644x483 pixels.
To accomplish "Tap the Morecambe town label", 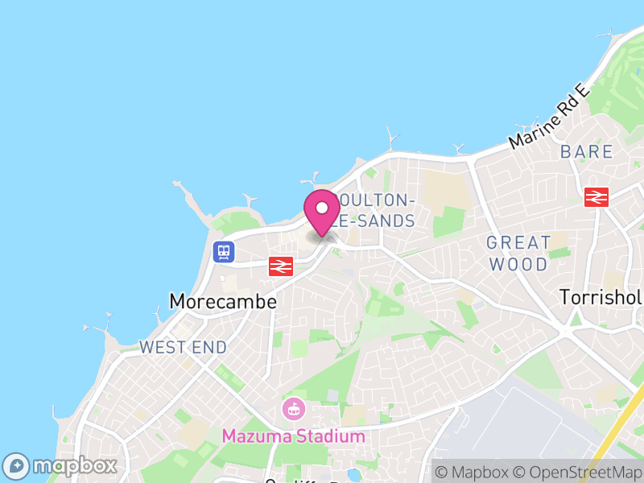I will point(223,302).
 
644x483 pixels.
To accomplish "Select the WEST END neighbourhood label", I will point(183,348).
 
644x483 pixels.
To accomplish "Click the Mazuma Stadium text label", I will point(293,436).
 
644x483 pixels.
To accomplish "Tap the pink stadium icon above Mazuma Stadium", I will point(293,409).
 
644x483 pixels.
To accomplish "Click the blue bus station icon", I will point(223,252).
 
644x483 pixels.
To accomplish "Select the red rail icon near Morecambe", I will point(280,266).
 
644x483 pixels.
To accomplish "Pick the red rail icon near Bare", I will point(596,196).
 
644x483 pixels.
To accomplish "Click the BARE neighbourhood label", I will point(587,152).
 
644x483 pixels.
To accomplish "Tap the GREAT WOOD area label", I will point(518,253).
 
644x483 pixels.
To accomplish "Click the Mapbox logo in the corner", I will point(61,465).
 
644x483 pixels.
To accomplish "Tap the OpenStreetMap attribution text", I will point(577,472).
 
